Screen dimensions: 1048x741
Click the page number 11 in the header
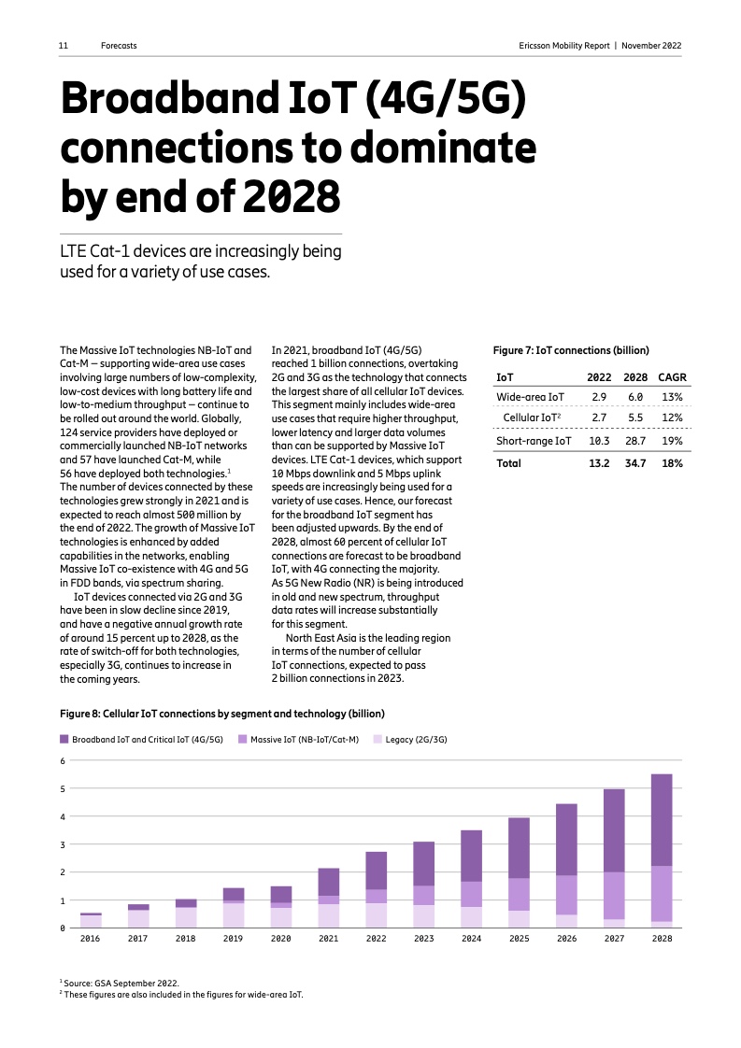click(x=64, y=45)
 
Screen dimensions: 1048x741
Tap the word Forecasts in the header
click(x=119, y=45)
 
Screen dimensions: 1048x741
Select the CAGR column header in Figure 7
click(x=672, y=377)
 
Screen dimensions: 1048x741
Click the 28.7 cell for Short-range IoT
click(x=635, y=441)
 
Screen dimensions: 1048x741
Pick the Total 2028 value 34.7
click(x=635, y=463)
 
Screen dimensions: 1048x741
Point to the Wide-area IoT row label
click(x=530, y=397)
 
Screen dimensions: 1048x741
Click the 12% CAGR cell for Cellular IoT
click(x=672, y=418)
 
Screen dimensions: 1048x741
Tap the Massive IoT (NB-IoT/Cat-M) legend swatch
click(x=242, y=739)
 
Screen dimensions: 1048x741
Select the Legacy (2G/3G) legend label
click(x=416, y=739)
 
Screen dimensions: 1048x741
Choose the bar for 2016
click(x=91, y=921)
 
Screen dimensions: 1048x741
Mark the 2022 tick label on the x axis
click(x=376, y=939)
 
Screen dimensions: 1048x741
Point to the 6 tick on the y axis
click(x=63, y=760)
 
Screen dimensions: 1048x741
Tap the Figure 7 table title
click(x=570, y=350)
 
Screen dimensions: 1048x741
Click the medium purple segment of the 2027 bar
click(x=613, y=896)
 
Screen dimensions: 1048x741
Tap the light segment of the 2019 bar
click(x=233, y=915)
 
